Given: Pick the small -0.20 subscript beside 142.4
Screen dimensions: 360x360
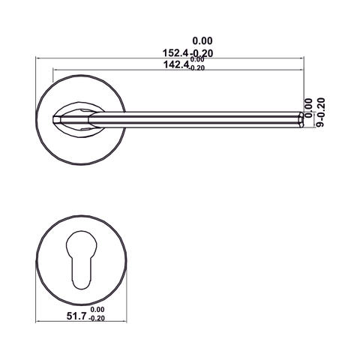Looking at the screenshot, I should (196, 68).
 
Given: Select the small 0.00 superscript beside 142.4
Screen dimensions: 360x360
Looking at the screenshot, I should (196, 61).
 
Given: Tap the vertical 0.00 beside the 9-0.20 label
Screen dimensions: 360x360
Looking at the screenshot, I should (308, 103).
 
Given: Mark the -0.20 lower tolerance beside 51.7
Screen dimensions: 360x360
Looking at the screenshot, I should (97, 319).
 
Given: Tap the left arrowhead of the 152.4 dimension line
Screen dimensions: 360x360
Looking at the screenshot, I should (39, 58).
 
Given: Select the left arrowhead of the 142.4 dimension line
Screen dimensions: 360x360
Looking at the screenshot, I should (54, 70).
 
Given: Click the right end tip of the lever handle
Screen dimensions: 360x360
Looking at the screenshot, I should (301, 118).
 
